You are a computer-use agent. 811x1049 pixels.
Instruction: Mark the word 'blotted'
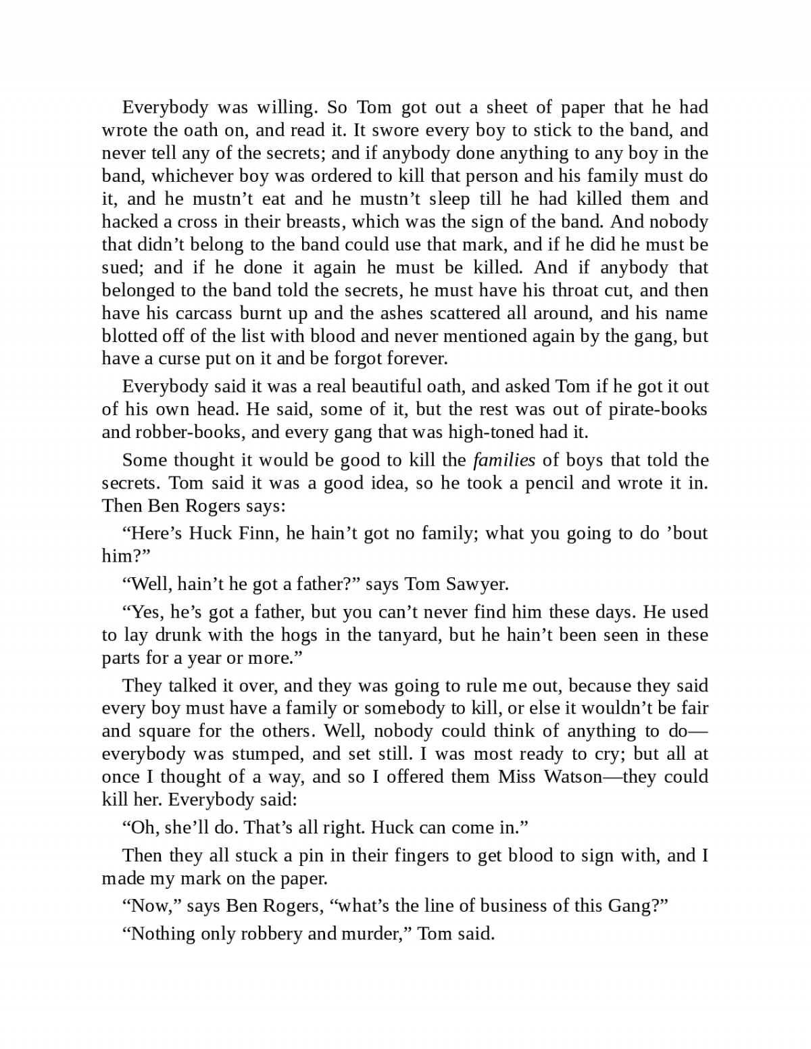click(128, 336)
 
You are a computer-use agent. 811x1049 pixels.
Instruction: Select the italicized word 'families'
click(503, 461)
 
